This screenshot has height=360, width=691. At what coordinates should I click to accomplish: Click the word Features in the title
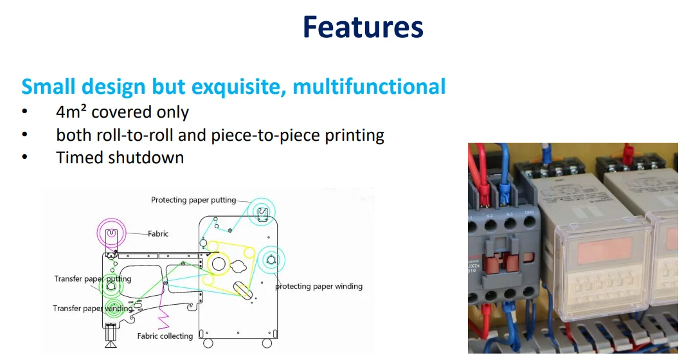(363, 28)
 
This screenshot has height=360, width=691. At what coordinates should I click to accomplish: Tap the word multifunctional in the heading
(369, 86)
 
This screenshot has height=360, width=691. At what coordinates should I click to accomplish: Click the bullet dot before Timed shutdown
(24, 157)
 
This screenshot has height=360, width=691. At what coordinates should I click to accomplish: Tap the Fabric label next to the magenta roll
(158, 234)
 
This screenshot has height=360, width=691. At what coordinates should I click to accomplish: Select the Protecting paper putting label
(193, 200)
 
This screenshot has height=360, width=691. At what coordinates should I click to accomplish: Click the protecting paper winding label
(319, 286)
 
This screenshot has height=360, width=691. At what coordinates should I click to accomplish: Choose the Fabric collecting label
(165, 336)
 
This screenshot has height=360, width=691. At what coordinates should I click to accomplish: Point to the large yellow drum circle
(219, 263)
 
